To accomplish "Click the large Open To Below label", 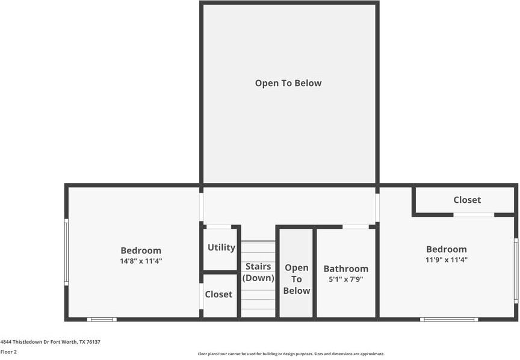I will (288, 84).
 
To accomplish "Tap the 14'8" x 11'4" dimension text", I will (141, 261).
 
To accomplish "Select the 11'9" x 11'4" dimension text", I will (447, 260).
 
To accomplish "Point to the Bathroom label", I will (346, 269).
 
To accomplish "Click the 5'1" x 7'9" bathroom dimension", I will (346, 279).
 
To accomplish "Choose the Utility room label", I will (221, 247).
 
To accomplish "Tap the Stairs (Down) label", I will (258, 272).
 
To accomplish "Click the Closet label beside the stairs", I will (218, 294).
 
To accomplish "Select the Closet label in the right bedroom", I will (467, 200).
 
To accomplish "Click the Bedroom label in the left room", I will (141, 250).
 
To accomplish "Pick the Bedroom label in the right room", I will (447, 249).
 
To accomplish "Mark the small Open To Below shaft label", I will (297, 279).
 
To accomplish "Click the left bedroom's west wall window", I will (66, 251).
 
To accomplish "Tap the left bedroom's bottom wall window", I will (102, 319).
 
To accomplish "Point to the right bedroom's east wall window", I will (516, 270).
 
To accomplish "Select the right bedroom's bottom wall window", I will (449, 319).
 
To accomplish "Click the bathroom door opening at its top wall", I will (356, 226).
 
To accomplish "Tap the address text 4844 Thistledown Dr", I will (50, 342).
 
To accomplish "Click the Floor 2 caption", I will (8, 352).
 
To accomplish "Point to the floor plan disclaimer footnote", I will (291, 354).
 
